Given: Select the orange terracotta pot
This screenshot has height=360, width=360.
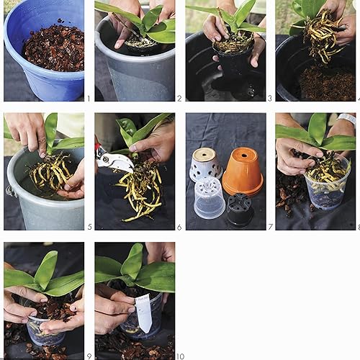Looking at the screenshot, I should (242, 170).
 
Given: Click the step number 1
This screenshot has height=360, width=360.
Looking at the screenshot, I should (88, 98).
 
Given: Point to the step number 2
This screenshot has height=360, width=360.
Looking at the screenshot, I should (179, 98).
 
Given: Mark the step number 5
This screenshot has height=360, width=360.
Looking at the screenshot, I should (89, 226).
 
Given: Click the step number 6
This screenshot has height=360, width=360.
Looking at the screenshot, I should (179, 226).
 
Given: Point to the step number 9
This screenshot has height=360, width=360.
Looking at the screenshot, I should (89, 356).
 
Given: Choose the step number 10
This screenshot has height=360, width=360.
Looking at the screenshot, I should (180, 356).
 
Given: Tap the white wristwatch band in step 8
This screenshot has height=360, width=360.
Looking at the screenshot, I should (348, 120).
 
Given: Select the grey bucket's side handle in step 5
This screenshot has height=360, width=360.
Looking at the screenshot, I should (9, 192).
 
